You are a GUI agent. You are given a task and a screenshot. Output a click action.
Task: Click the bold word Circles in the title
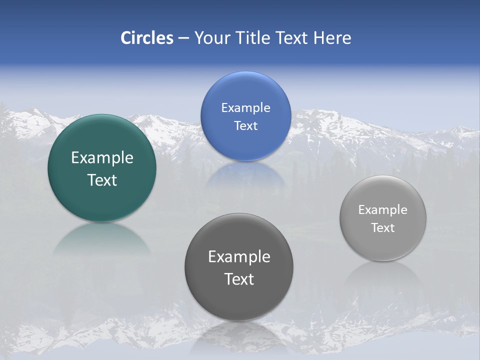click(146, 38)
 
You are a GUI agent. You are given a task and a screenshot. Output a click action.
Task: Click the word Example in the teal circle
click(102, 158)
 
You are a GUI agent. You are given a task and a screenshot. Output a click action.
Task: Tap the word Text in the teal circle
click(102, 180)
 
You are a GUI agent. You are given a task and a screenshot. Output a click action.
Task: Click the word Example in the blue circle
click(245, 108)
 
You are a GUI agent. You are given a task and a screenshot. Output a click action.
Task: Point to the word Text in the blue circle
click(245, 125)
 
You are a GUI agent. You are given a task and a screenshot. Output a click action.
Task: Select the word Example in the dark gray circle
click(239, 257)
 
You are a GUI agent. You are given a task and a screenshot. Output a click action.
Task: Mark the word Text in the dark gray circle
click(239, 279)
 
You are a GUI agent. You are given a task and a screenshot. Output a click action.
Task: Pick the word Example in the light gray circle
click(383, 210)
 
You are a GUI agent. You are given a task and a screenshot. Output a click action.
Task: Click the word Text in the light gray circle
click(383, 228)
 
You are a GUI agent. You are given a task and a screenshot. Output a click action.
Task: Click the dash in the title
click(183, 38)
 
